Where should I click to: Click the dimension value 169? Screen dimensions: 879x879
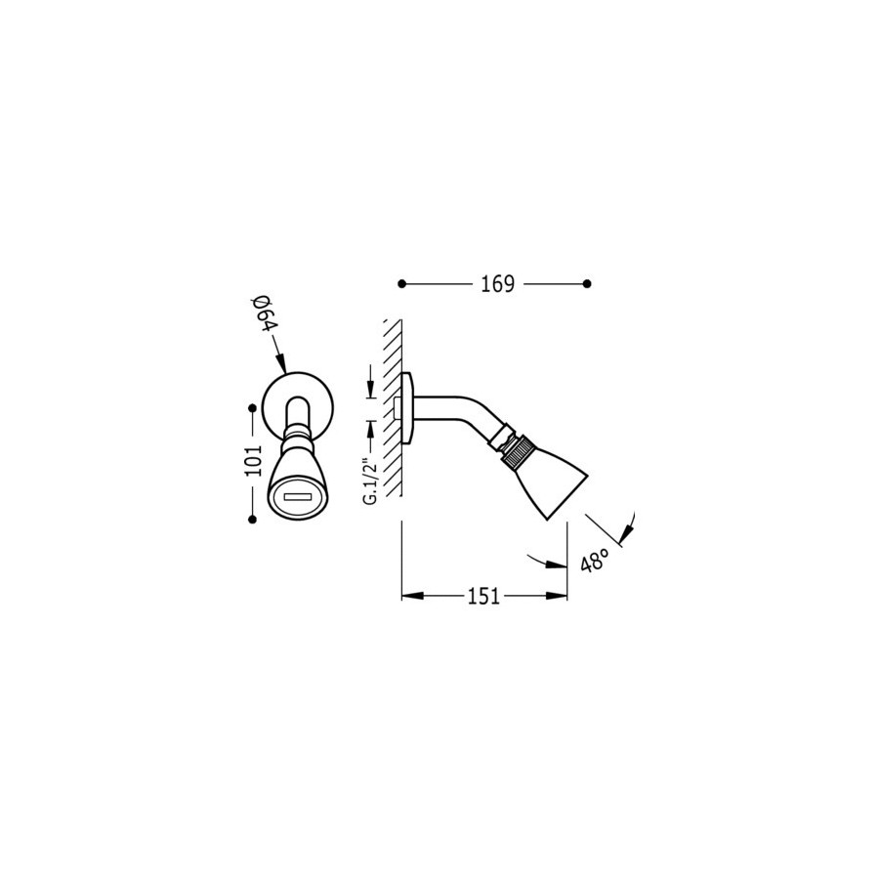point(497,284)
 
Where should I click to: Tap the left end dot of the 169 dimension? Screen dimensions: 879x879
point(401,284)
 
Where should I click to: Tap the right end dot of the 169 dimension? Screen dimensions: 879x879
point(587,284)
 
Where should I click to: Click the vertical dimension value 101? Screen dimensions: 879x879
point(253,460)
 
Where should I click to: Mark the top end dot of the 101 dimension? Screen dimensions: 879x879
point(252,408)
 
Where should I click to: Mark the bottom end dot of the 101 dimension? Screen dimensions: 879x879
point(252,521)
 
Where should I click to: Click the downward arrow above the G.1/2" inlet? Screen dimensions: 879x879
point(370,381)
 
